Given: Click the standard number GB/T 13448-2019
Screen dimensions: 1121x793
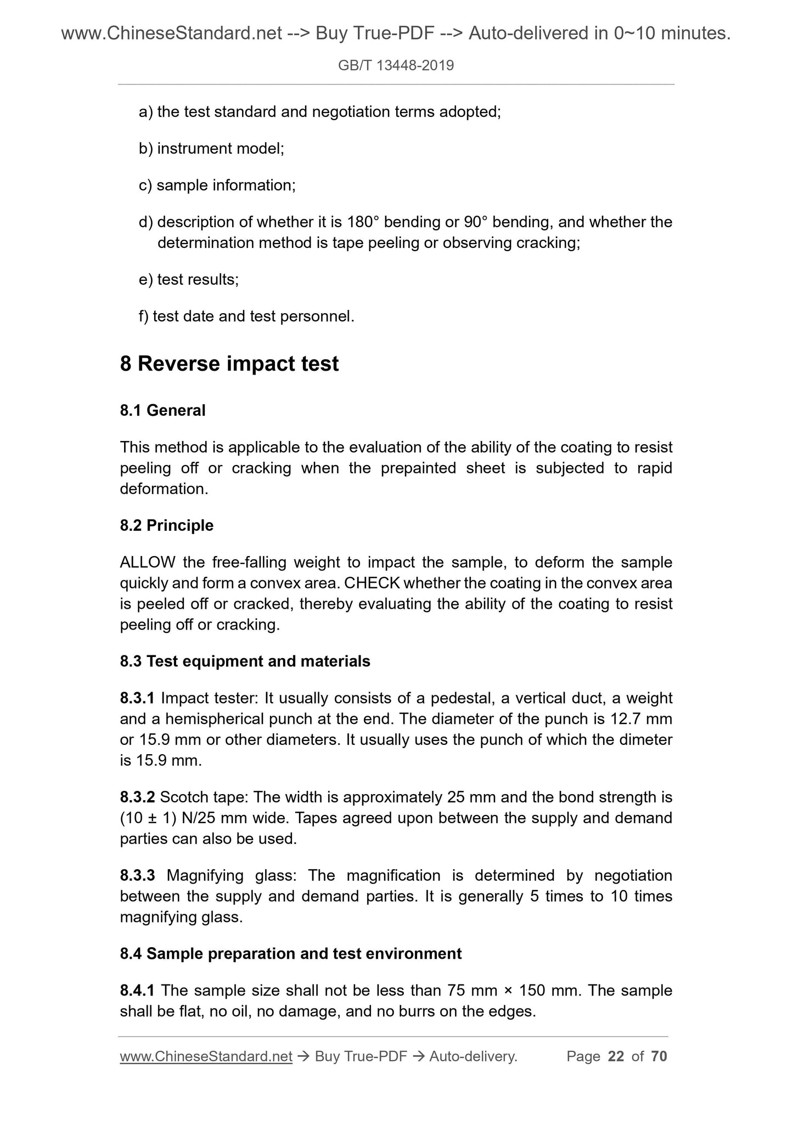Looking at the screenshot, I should [396, 66].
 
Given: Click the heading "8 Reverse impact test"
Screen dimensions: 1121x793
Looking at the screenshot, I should [229, 364].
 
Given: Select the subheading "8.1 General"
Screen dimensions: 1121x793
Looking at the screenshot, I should [162, 410].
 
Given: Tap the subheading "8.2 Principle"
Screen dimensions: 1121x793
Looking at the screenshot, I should [166, 525].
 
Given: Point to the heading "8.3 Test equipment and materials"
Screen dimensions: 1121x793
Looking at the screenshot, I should [245, 661].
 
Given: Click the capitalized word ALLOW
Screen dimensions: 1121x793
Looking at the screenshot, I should [148, 562].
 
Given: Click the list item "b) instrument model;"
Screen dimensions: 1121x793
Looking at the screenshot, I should [211, 149].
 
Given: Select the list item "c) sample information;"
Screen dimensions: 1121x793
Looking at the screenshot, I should [217, 185].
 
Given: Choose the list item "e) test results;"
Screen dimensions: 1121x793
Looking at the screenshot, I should [189, 280].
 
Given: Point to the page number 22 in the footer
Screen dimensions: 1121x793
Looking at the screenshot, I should [616, 1056].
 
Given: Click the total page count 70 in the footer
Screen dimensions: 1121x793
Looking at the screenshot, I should [659, 1056].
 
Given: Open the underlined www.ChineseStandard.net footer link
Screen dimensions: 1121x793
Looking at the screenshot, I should [206, 1056].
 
